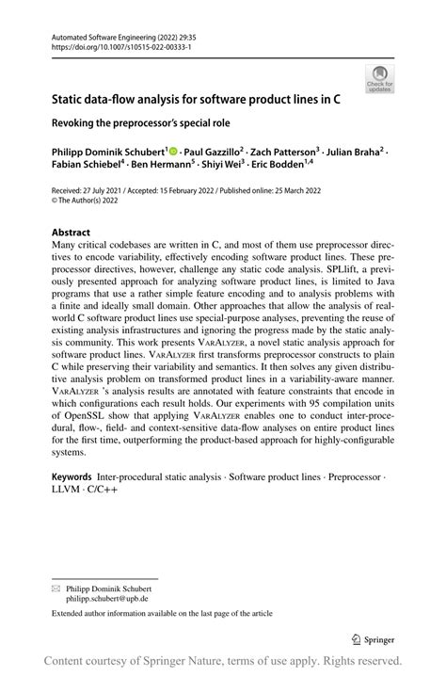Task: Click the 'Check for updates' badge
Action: (379, 79)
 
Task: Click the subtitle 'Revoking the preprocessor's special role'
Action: (141, 121)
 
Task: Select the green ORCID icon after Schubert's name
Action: (175, 149)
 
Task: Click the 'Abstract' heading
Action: (71, 232)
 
